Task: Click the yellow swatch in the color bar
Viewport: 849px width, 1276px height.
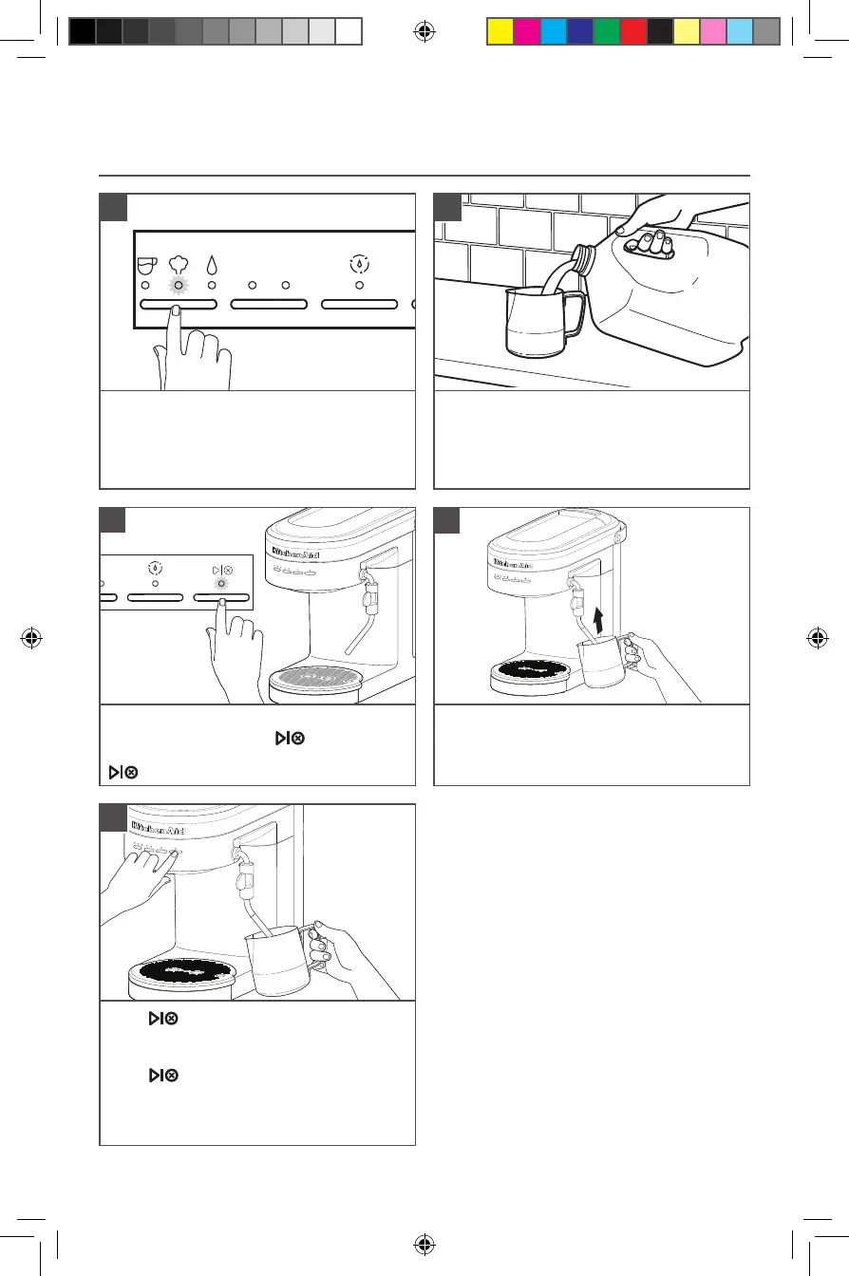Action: [x=500, y=32]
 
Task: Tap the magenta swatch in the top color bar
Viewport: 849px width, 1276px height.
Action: [x=526, y=32]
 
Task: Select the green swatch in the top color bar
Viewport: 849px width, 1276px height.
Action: [x=606, y=32]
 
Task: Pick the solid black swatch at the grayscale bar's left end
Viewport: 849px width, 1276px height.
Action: [x=83, y=32]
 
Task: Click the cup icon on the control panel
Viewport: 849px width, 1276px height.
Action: [x=146, y=265]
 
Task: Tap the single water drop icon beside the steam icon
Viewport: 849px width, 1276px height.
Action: [x=212, y=265]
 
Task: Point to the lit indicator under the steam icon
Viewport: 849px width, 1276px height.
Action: [x=177, y=286]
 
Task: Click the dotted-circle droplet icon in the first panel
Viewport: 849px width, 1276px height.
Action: [x=359, y=265]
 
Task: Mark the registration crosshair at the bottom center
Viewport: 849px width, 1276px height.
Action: [x=424, y=1243]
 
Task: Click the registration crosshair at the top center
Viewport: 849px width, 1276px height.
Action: [x=424, y=32]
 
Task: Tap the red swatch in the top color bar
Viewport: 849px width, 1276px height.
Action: [x=632, y=32]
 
